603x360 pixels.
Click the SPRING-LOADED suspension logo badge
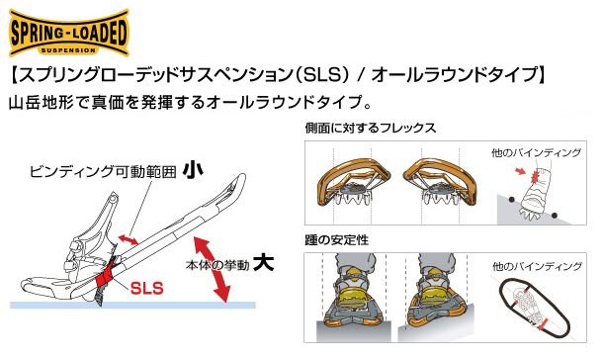pyautogui.click(x=69, y=33)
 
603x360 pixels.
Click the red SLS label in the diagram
pyautogui.click(x=147, y=288)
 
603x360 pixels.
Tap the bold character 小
pyautogui.click(x=193, y=170)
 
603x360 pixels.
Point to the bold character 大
pyautogui.click(x=264, y=262)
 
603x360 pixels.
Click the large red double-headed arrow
pyautogui.click(x=212, y=269)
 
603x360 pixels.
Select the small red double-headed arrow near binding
pyautogui.click(x=129, y=239)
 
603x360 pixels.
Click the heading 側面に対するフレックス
pyautogui.click(x=371, y=128)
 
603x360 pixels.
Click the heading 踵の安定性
pyautogui.click(x=336, y=240)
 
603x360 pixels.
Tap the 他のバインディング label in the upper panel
pyautogui.click(x=536, y=153)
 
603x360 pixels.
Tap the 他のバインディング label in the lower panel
pyautogui.click(x=537, y=266)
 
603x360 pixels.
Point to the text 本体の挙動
pyautogui.click(x=217, y=265)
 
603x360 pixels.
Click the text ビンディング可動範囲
pyautogui.click(x=103, y=171)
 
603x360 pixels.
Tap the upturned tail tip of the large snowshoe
pyautogui.click(x=241, y=177)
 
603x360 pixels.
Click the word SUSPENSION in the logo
pyautogui.click(x=68, y=50)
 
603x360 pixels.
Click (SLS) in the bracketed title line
pyautogui.click(x=322, y=75)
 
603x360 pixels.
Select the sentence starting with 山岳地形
pyautogui.click(x=191, y=103)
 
